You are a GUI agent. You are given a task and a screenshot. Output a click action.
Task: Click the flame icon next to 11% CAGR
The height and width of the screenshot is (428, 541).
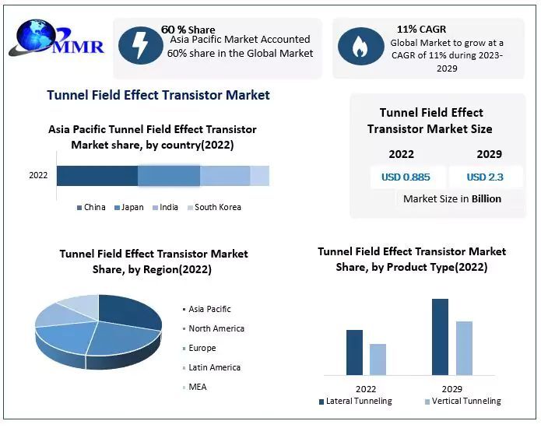359,46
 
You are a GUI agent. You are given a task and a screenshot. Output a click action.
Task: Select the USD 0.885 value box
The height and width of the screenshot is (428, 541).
406,177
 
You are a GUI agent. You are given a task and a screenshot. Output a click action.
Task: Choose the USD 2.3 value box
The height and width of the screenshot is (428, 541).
485,177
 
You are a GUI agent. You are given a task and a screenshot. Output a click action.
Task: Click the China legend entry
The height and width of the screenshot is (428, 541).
91,207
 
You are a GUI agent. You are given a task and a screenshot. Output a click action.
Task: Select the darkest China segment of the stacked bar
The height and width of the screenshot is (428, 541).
97,176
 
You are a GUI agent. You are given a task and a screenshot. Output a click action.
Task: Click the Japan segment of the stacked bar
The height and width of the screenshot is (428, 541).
169,176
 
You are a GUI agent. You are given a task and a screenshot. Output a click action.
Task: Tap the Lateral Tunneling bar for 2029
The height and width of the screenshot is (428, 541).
440,337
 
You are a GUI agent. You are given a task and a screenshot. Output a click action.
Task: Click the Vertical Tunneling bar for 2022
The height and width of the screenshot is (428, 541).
378,360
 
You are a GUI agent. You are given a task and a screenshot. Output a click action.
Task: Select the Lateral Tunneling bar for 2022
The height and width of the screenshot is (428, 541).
354,353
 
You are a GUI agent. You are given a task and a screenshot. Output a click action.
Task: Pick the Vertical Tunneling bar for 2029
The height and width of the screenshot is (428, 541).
464,348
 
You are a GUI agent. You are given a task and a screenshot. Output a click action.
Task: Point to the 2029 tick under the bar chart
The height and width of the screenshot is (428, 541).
451,388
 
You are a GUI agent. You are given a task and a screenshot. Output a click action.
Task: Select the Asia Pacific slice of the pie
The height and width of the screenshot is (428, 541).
128,311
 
